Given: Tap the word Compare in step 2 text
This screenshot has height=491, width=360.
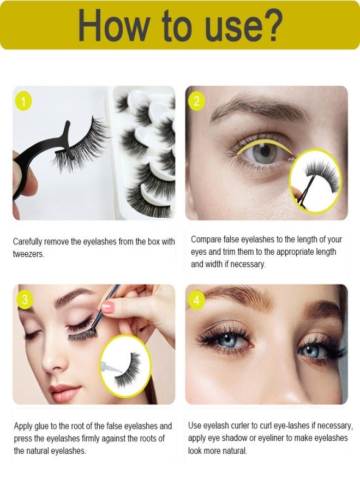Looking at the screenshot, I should click(207, 239).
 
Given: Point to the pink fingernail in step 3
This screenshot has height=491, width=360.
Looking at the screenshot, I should click(107, 307).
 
